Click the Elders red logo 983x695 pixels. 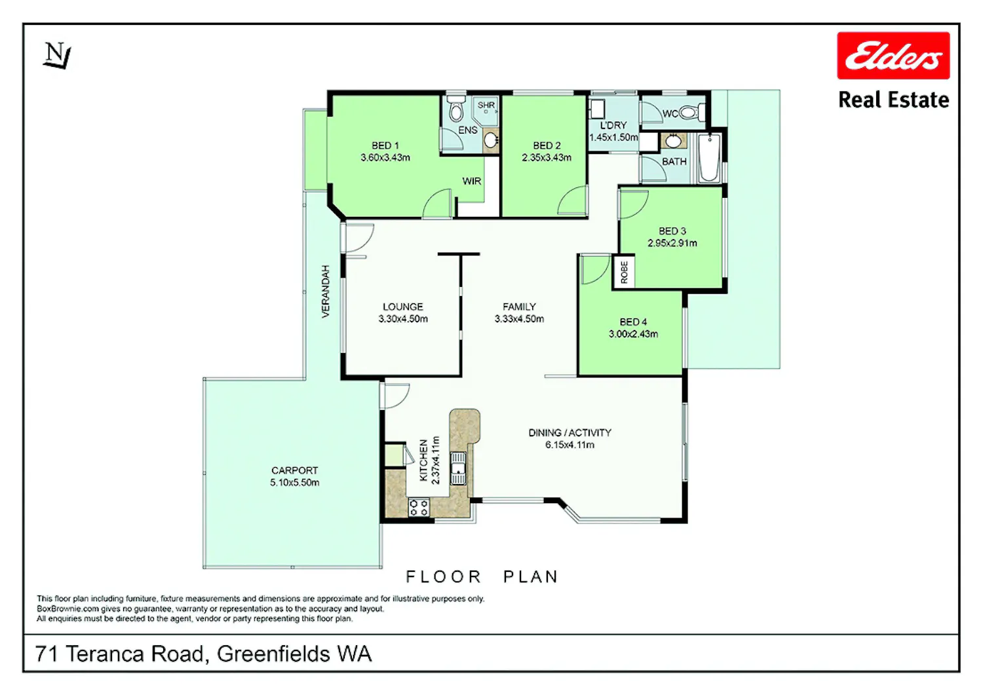click(893, 56)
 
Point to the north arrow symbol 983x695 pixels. click(57, 55)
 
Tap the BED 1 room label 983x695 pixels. click(385, 145)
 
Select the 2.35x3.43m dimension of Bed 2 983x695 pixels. click(547, 157)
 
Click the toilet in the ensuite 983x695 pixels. click(456, 109)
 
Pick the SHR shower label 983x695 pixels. click(486, 105)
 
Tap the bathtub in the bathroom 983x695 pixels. click(709, 157)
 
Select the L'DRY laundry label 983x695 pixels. click(613, 126)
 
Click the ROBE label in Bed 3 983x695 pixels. click(624, 272)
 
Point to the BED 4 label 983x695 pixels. click(633, 322)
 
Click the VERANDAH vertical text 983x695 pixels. click(325, 291)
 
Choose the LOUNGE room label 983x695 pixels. click(403, 307)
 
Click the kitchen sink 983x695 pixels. click(458, 468)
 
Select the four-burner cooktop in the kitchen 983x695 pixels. click(419, 507)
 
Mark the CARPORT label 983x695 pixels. click(294, 470)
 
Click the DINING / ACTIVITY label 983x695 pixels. click(569, 432)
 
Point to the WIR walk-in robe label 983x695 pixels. click(472, 181)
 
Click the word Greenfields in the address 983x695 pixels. click(273, 654)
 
